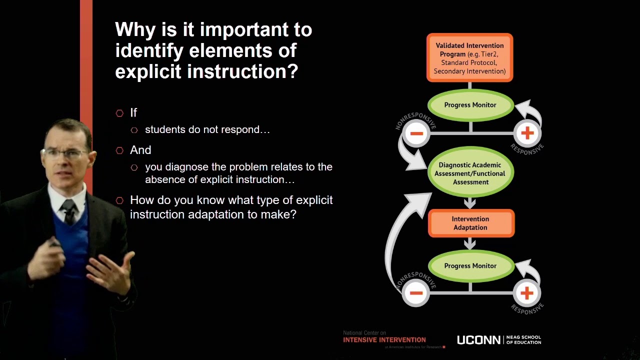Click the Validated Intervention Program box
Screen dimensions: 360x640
pos(469,57)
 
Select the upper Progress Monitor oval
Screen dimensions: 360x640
pos(470,105)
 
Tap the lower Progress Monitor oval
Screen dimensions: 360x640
pos(470,266)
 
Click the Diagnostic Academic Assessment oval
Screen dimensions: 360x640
pos(470,173)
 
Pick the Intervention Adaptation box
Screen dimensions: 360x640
pos(470,223)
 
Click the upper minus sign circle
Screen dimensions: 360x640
pos(416,133)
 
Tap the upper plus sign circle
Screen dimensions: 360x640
pos(527,133)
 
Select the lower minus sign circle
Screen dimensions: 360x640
pos(416,293)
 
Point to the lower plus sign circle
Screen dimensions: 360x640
pos(526,293)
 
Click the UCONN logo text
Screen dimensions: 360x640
pos(478,340)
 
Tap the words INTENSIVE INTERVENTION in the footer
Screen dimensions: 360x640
pos(384,340)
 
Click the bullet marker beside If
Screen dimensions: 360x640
pos(119,113)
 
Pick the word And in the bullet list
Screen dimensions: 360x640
pos(140,150)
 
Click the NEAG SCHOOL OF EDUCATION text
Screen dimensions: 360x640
pos(523,340)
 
